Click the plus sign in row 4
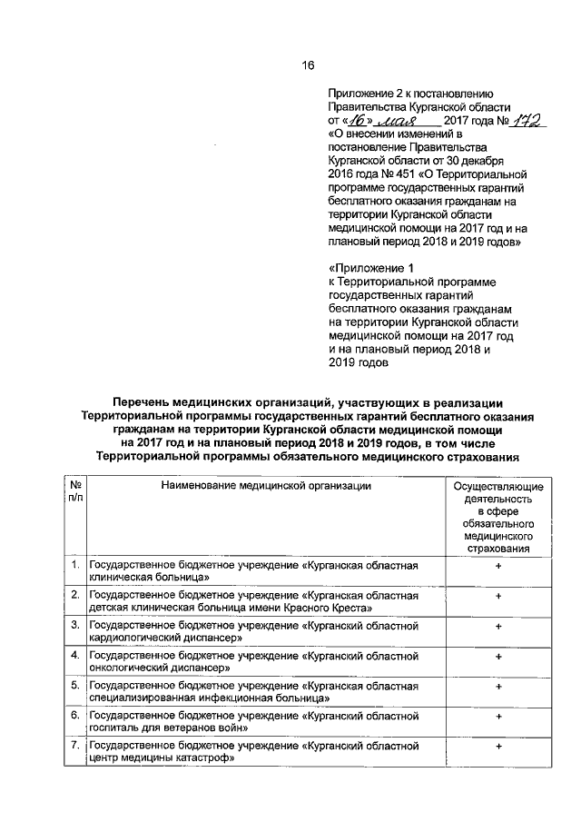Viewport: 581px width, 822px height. (x=498, y=656)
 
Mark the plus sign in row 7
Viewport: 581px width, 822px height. (x=498, y=746)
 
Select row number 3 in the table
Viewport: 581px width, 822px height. (x=74, y=626)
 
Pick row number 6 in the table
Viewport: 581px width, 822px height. (x=74, y=716)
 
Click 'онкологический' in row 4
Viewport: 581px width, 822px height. (x=127, y=668)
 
